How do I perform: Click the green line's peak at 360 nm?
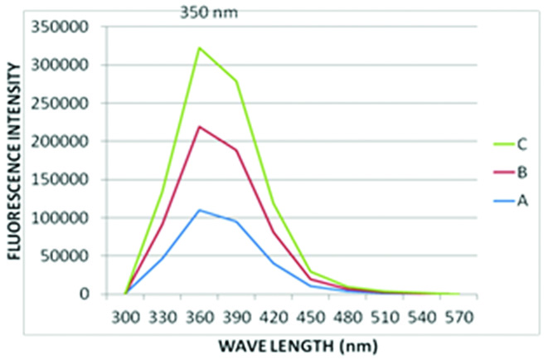tap(199, 47)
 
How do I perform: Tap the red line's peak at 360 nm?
tap(199, 126)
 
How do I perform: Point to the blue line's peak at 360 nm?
tap(199, 210)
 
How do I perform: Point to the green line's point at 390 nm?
tap(236, 80)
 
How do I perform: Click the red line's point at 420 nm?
tap(274, 232)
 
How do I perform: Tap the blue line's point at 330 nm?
tap(162, 258)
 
